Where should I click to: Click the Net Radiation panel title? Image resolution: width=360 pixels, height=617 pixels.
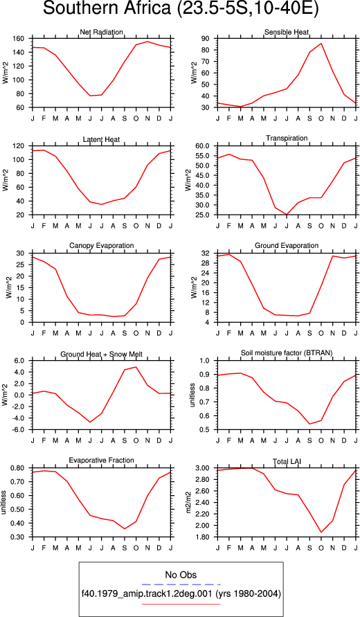pyautogui.click(x=102, y=32)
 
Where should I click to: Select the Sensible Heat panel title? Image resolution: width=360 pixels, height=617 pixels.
pyautogui.click(x=287, y=32)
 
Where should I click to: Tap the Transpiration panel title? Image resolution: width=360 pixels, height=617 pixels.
pyautogui.click(x=287, y=138)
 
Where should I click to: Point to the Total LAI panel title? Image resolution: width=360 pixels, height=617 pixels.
pyautogui.click(x=287, y=460)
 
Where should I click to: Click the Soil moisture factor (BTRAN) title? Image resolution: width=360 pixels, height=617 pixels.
pyautogui.click(x=287, y=353)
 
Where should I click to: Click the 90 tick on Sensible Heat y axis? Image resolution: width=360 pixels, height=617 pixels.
pyautogui.click(x=207, y=39)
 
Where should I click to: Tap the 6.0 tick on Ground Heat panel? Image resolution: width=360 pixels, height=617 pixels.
pyautogui.click(x=21, y=361)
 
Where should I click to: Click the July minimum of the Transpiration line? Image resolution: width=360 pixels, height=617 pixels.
pyautogui.click(x=287, y=215)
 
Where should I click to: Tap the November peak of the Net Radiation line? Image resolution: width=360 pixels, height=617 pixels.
pyautogui.click(x=148, y=42)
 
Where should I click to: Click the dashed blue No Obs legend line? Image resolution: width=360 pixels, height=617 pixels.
pyautogui.click(x=181, y=584)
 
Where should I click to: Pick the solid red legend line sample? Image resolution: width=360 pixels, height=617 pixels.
pyautogui.click(x=181, y=604)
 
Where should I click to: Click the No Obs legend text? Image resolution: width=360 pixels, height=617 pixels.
pyautogui.click(x=181, y=575)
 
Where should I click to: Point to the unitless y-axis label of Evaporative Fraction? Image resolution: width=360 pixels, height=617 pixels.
pyautogui.click(x=4, y=503)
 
